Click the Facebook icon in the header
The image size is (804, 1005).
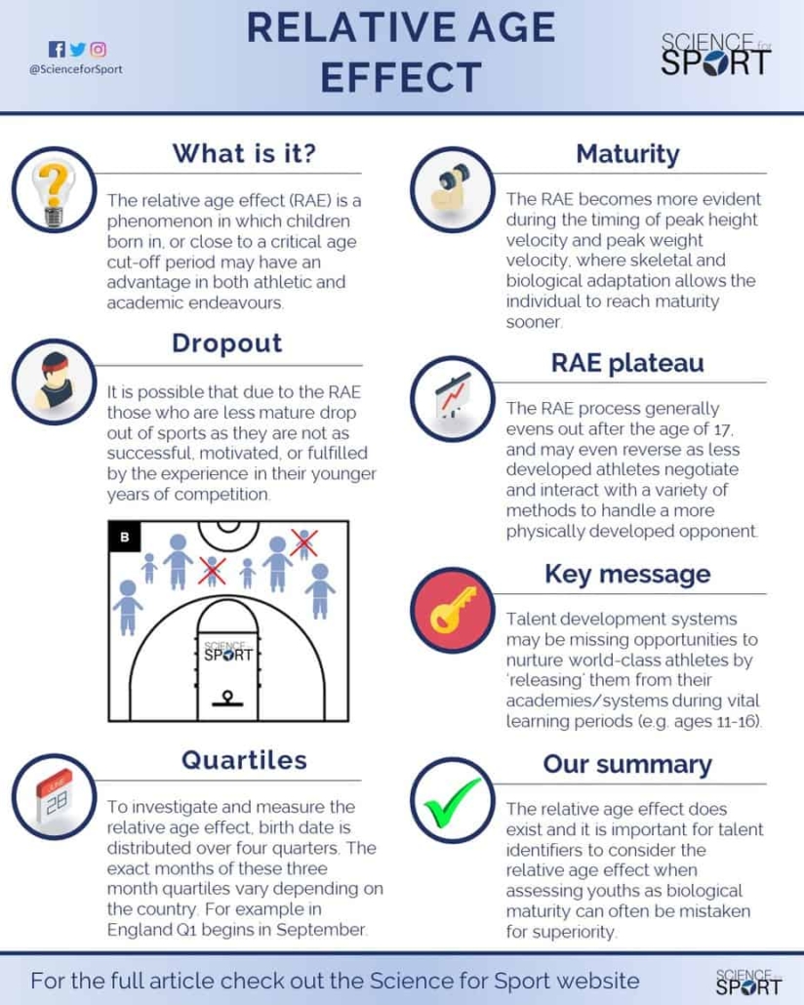pyautogui.click(x=57, y=50)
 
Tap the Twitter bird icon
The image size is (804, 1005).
pyautogui.click(x=78, y=50)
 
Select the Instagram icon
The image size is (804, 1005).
pyautogui.click(x=99, y=50)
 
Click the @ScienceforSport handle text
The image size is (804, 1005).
pyautogui.click(x=76, y=69)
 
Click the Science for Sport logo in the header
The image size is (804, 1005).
pyautogui.click(x=715, y=55)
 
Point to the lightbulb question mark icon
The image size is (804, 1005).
pyautogui.click(x=54, y=190)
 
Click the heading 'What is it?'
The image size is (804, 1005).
pyautogui.click(x=244, y=154)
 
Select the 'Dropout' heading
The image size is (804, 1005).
pyautogui.click(x=227, y=343)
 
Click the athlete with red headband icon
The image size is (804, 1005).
pyautogui.click(x=54, y=382)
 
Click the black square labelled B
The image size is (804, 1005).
pyautogui.click(x=124, y=537)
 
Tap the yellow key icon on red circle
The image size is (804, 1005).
pyautogui.click(x=453, y=610)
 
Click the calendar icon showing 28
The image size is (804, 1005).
pyautogui.click(x=54, y=797)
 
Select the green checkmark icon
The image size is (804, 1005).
pyautogui.click(x=453, y=800)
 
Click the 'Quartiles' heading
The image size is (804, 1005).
pyautogui.click(x=244, y=760)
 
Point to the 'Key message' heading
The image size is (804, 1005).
pyautogui.click(x=627, y=575)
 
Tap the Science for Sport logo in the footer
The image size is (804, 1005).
pyautogui.click(x=748, y=982)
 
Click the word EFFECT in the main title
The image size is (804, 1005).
pyautogui.click(x=401, y=77)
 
